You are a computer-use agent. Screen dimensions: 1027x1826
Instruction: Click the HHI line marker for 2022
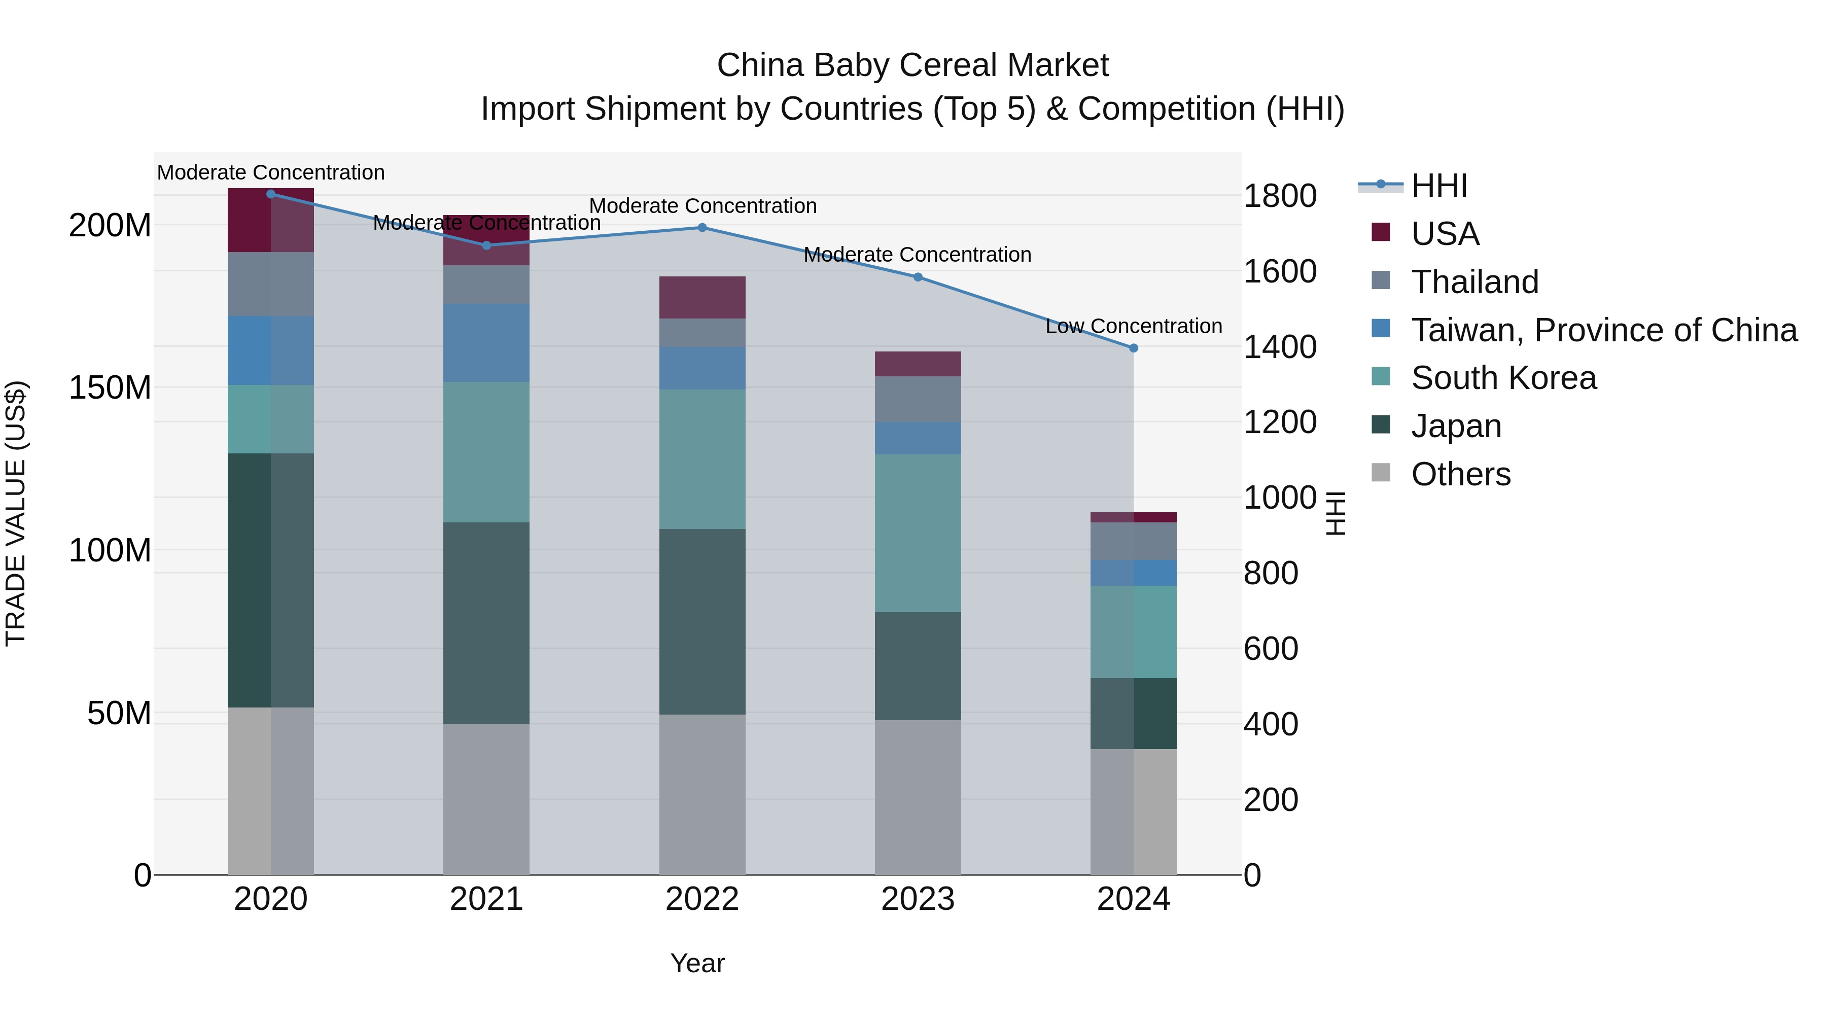tap(702, 228)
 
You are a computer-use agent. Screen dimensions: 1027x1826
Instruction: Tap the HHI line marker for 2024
tap(1134, 348)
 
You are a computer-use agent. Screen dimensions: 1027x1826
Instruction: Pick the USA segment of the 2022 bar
tap(702, 297)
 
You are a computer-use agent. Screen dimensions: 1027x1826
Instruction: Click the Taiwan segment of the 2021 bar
tap(486, 343)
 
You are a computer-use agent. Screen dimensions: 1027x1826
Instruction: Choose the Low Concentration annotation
tap(1134, 326)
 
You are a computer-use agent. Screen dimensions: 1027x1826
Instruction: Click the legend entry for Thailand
tap(1474, 281)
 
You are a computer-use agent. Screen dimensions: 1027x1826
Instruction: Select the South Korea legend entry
tap(1503, 378)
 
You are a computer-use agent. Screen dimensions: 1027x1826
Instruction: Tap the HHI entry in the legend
tap(1439, 186)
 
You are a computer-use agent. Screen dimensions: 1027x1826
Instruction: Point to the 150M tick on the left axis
tap(110, 387)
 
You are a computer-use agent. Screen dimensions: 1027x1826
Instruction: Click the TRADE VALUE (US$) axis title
tap(16, 513)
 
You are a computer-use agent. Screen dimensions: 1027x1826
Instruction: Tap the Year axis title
tap(697, 963)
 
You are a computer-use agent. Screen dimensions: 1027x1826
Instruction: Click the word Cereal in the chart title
tap(943, 65)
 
